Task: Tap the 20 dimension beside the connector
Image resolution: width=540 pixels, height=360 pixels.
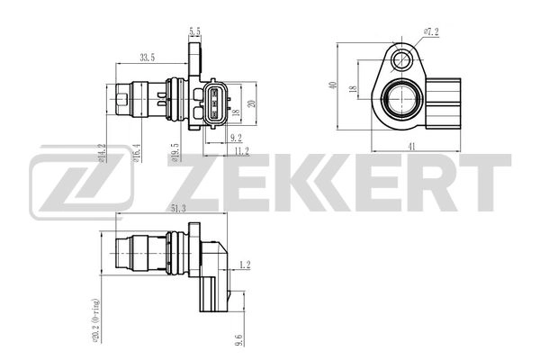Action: tap(252, 103)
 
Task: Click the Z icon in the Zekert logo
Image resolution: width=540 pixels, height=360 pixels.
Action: tap(80, 186)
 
